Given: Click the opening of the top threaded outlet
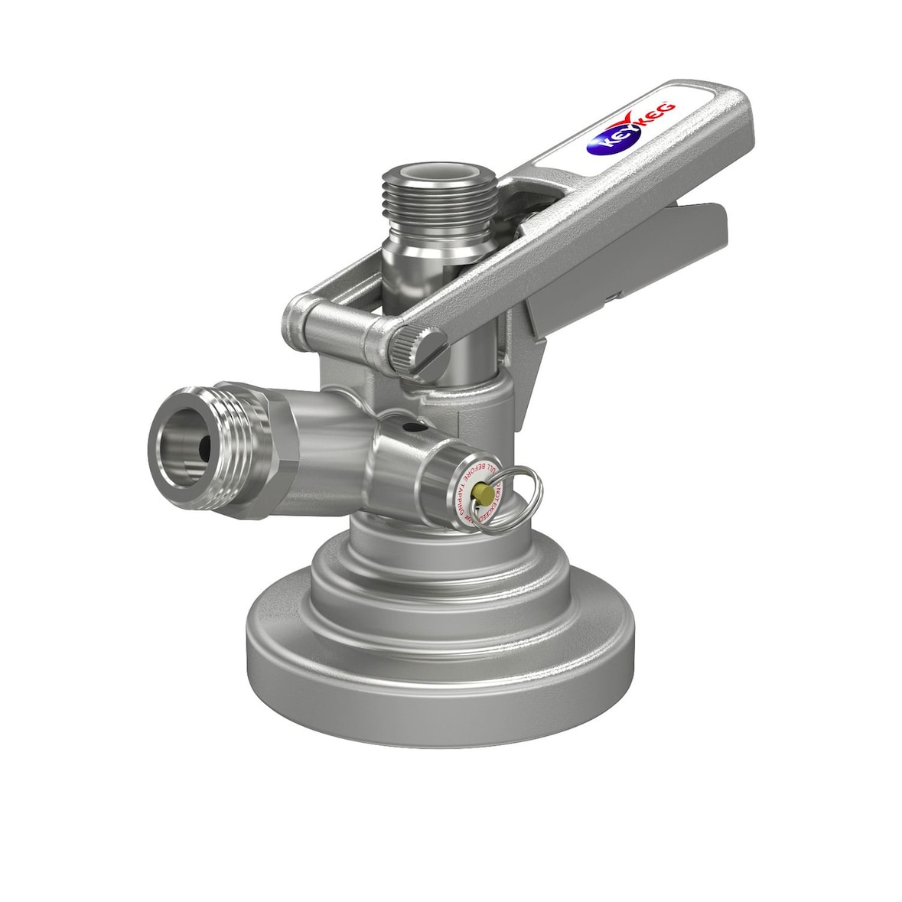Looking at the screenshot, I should coord(439,177).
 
